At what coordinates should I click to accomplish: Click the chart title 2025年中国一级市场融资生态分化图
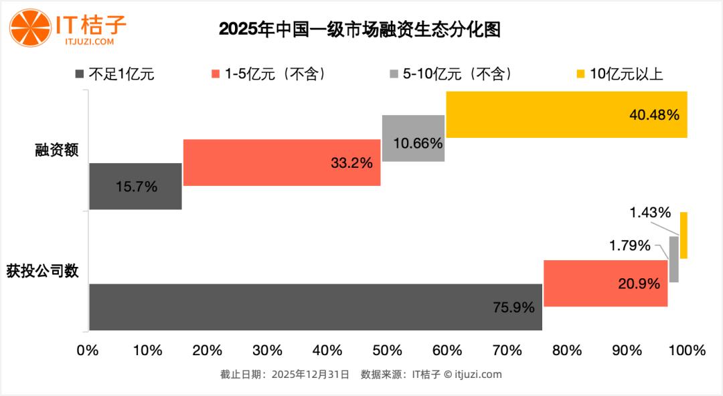click(360, 30)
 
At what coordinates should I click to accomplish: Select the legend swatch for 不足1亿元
click(80, 74)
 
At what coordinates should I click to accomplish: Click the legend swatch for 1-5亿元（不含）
click(216, 74)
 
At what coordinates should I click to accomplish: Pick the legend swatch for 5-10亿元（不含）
click(394, 74)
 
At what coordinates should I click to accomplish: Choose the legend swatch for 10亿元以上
click(580, 74)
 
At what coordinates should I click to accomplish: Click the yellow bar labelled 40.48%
click(566, 114)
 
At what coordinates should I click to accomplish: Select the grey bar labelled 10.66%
click(413, 138)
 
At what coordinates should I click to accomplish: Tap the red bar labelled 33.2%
click(281, 162)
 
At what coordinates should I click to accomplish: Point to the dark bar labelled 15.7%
click(135, 186)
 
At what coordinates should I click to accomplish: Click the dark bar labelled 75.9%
click(315, 307)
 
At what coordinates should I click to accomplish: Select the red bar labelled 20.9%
click(605, 283)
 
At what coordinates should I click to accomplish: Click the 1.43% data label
click(649, 213)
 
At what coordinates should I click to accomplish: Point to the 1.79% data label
click(629, 245)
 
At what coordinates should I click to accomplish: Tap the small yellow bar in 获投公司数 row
click(684, 235)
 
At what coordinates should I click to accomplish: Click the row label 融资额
click(57, 151)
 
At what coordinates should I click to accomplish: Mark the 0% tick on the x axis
click(88, 351)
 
